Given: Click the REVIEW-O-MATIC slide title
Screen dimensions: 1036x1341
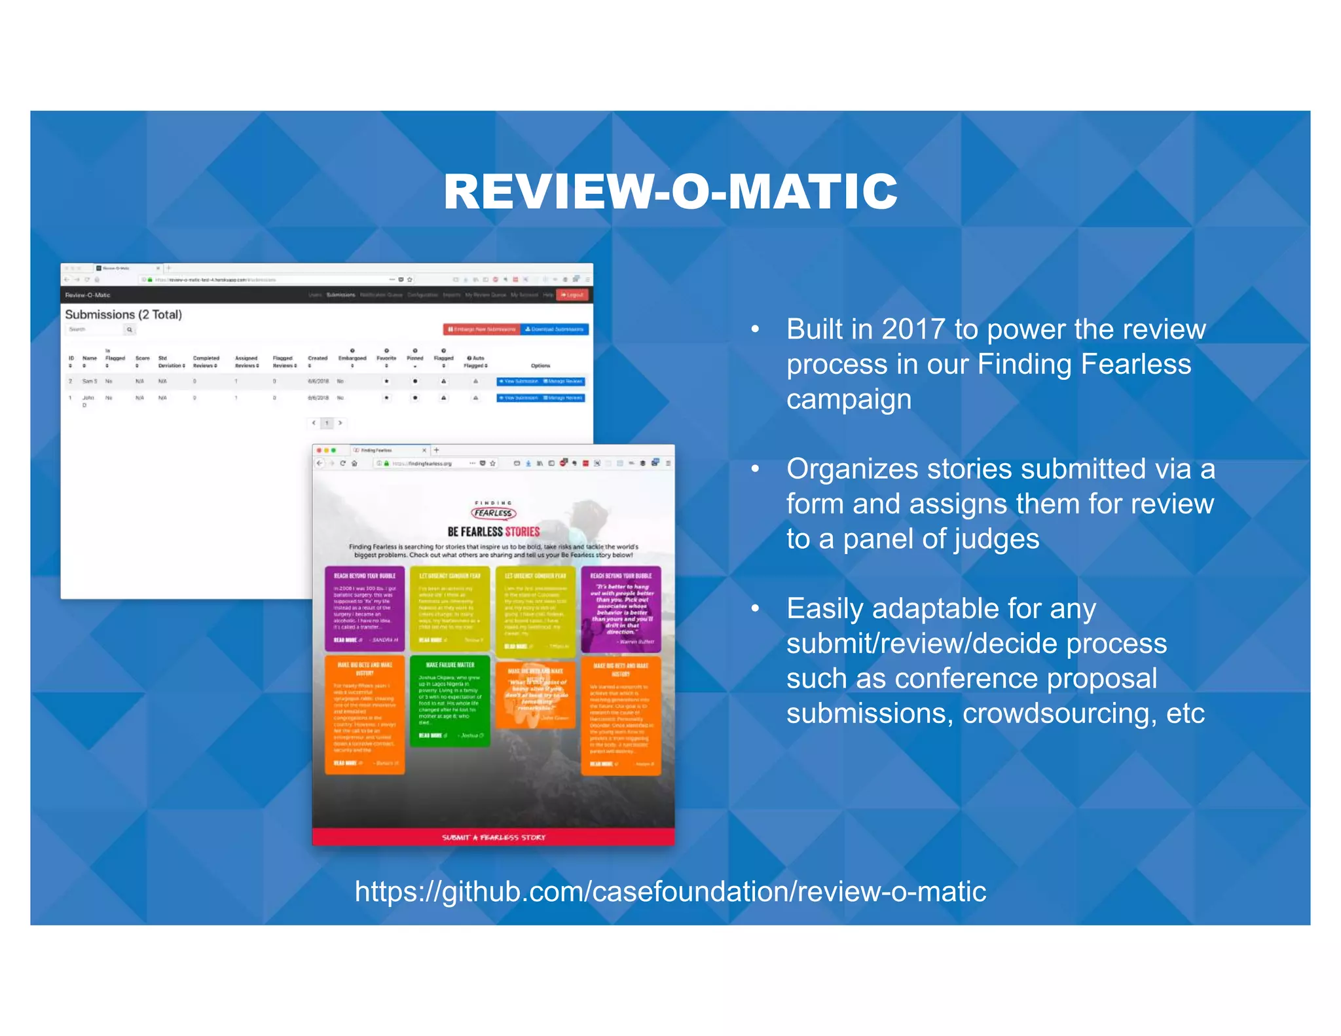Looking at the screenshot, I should click(x=670, y=191).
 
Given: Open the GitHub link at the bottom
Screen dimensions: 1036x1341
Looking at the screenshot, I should click(x=670, y=891).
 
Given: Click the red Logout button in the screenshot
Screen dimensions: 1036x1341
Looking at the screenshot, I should click(x=572, y=295).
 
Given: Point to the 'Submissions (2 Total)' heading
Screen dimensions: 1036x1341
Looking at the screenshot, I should click(x=124, y=314).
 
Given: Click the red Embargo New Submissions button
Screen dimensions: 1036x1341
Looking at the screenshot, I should click(x=482, y=329).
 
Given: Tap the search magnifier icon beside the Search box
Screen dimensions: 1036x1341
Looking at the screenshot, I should click(x=130, y=329).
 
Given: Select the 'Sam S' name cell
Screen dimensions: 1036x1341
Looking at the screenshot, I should click(x=89, y=381).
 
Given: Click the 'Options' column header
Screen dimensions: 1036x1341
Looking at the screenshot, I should click(x=540, y=365).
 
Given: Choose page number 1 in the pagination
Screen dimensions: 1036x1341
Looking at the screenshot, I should click(x=327, y=423).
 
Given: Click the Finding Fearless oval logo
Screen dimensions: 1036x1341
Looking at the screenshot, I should click(x=494, y=513).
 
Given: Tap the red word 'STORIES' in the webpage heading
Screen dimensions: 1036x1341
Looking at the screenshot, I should click(x=522, y=532).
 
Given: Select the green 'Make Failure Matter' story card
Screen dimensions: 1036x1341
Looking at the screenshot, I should click(x=450, y=701).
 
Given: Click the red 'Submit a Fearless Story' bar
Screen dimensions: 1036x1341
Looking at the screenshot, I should click(x=494, y=837).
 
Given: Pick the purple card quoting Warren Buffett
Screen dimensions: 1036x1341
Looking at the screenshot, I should click(x=621, y=609).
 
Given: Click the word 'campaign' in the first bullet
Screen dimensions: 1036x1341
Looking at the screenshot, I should click(x=849, y=399).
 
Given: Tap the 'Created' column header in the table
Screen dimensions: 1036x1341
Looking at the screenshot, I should click(x=318, y=358).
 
